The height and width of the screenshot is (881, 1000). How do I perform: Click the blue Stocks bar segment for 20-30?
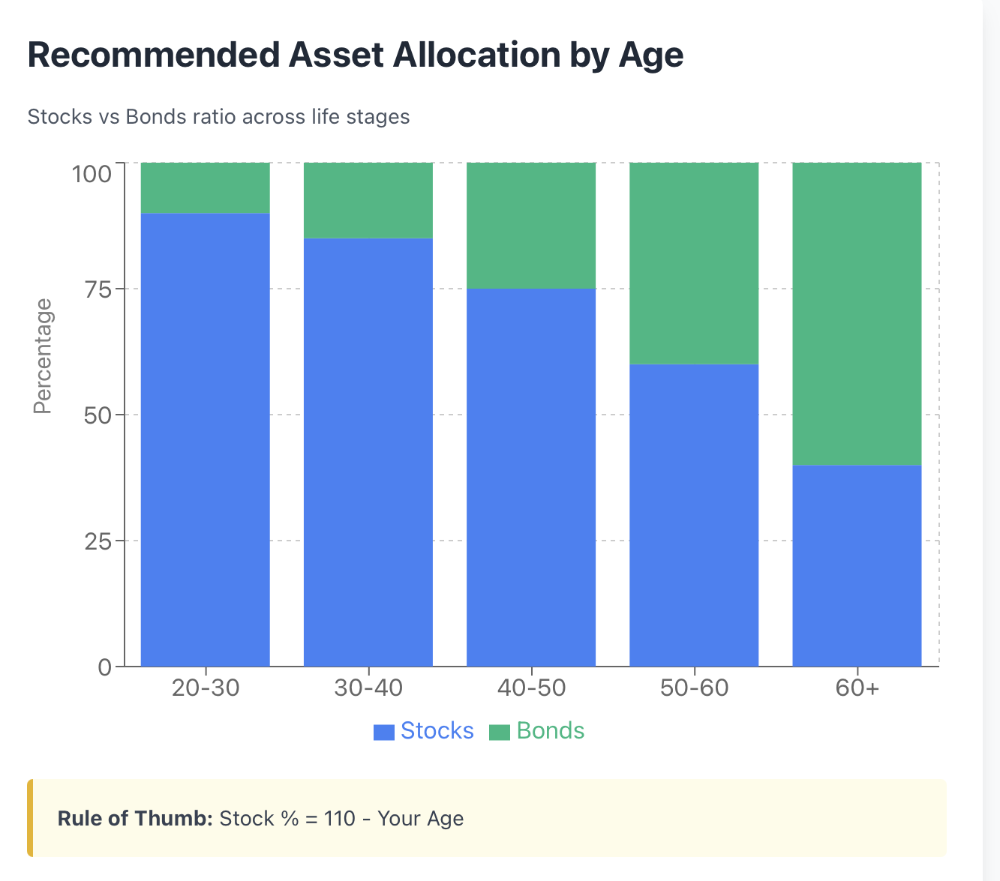[x=206, y=439]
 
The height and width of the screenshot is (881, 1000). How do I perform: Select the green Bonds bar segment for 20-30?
[x=206, y=188]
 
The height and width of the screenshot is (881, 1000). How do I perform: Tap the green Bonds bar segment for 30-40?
[x=368, y=200]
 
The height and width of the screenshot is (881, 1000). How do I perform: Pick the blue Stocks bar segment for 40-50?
[x=531, y=478]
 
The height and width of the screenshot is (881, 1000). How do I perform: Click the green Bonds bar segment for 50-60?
[x=694, y=263]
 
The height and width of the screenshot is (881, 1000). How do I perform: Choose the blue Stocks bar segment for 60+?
[x=857, y=566]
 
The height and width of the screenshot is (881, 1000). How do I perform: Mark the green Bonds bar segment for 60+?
[x=857, y=313]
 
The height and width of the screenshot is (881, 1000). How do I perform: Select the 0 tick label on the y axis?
[x=104, y=668]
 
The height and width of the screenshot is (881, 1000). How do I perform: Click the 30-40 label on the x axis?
[x=368, y=688]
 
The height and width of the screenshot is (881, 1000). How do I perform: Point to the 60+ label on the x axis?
[x=857, y=688]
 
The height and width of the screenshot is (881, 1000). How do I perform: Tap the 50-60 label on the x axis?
[x=695, y=688]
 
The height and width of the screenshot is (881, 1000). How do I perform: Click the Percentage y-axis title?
[x=43, y=356]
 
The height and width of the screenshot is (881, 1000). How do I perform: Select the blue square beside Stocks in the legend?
[x=384, y=732]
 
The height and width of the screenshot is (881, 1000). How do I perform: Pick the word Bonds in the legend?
[x=551, y=730]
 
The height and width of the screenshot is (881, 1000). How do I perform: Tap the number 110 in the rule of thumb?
[x=340, y=818]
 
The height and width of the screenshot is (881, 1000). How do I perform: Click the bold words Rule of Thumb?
[x=135, y=818]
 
